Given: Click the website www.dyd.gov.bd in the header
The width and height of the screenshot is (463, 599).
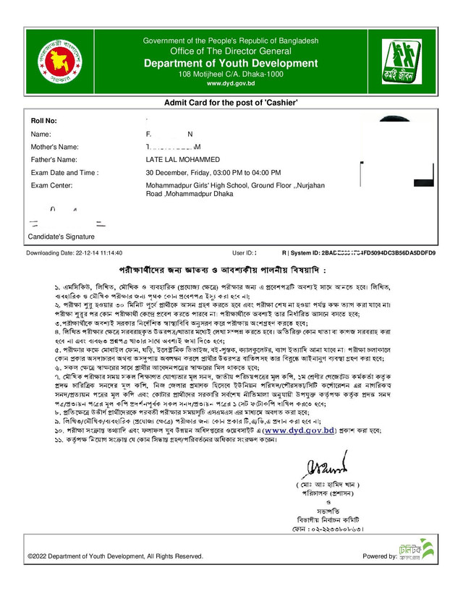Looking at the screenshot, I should (x=231, y=84).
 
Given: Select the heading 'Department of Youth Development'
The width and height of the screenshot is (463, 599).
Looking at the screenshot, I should (x=231, y=64).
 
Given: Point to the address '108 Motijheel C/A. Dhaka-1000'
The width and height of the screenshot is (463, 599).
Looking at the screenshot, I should (x=231, y=75).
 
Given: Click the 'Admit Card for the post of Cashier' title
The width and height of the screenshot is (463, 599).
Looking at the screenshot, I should (x=231, y=103).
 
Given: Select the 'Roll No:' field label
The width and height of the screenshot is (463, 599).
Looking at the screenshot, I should (x=43, y=121).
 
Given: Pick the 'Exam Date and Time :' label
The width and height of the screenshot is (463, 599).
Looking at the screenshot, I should (x=64, y=173).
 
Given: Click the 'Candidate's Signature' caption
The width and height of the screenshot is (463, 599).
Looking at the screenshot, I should (x=61, y=237).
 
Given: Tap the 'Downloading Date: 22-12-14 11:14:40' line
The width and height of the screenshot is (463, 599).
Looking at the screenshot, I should (x=75, y=253).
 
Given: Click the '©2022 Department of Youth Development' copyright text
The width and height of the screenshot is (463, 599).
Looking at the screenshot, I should (x=115, y=556).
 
